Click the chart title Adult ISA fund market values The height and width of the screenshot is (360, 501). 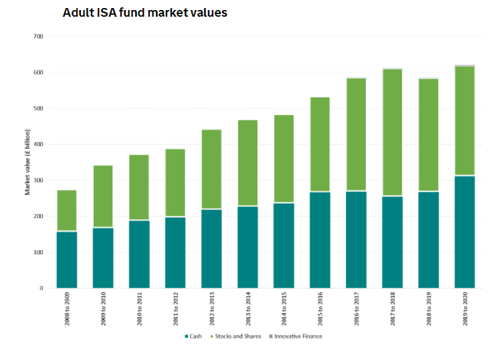145,13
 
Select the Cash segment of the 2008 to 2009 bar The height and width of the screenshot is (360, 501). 67,260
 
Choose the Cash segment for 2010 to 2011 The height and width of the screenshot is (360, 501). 139,254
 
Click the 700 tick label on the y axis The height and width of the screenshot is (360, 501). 38,36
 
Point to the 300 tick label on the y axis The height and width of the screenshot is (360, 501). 38,181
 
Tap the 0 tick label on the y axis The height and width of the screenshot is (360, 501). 41,288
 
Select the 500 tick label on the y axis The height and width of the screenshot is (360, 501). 38,108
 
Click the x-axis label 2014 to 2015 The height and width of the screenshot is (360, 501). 284,309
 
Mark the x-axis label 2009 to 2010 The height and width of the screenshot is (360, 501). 103,309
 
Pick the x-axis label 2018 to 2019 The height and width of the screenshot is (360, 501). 428,309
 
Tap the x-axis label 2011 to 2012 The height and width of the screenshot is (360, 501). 175,309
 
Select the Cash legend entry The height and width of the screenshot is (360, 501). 195,336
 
